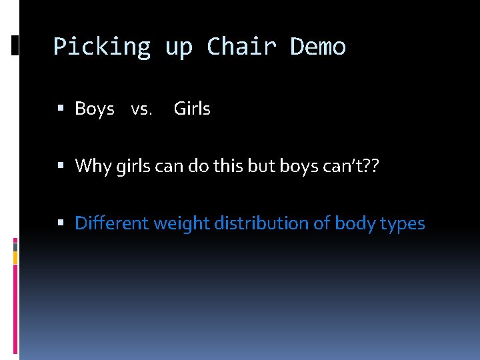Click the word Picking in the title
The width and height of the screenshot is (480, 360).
coord(102,47)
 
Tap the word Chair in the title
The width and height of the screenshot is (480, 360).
coord(241,47)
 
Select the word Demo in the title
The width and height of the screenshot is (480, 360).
coord(318,47)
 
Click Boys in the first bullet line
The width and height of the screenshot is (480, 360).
coord(95,109)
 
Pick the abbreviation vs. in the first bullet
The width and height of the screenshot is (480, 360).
coord(141,109)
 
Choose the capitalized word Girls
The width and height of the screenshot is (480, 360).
coord(192,109)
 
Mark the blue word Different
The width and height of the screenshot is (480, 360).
coord(111,223)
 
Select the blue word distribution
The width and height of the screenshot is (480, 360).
coord(260,223)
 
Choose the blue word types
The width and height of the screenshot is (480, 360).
coord(402,224)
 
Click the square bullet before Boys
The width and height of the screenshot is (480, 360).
coord(61,109)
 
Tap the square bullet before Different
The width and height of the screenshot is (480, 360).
coord(61,223)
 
